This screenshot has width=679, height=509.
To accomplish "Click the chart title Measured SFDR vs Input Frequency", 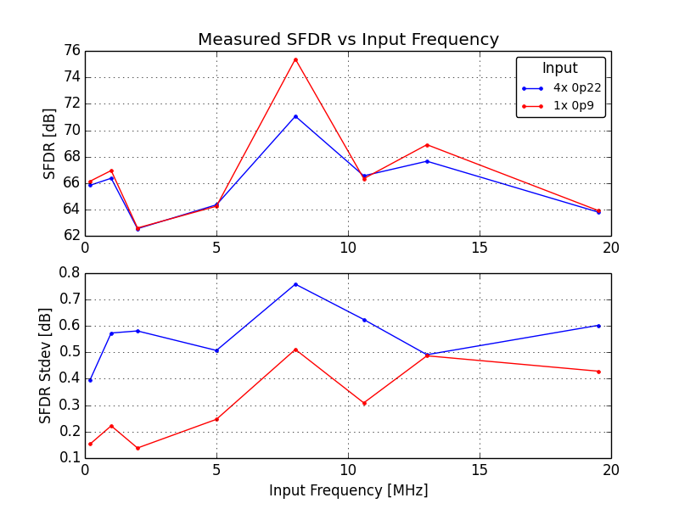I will [x=348, y=39].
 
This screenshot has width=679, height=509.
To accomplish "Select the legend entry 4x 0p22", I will [x=577, y=87].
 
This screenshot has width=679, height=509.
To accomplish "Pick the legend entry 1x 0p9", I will [x=574, y=106].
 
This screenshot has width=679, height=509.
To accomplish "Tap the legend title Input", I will [x=560, y=69].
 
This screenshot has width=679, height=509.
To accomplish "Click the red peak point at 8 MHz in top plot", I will [x=295, y=59].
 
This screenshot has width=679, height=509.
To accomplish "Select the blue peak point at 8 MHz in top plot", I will [x=295, y=116].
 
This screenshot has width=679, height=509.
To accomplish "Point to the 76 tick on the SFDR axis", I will [x=70, y=51].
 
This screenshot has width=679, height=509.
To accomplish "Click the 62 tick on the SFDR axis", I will [x=70, y=236].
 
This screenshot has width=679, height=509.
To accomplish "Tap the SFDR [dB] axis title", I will [x=49, y=143].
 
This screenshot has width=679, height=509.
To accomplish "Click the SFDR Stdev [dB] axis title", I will [x=46, y=365].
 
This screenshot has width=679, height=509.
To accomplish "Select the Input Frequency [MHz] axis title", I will [x=348, y=490].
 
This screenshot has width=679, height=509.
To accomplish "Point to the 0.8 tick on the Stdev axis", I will [x=68, y=273].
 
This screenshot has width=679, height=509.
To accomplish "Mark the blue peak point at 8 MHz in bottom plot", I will [x=295, y=284].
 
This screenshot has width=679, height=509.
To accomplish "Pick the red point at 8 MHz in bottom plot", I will [x=295, y=350].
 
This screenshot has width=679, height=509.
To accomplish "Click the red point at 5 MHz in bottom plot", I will [x=216, y=419].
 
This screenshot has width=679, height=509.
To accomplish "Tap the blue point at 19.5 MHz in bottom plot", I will [x=598, y=326].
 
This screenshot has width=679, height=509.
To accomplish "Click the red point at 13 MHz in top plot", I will [x=427, y=145].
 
